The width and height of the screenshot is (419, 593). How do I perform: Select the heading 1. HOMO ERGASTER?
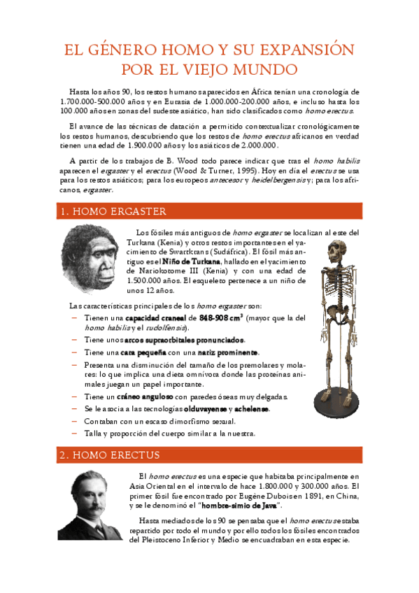tap(113, 210)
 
